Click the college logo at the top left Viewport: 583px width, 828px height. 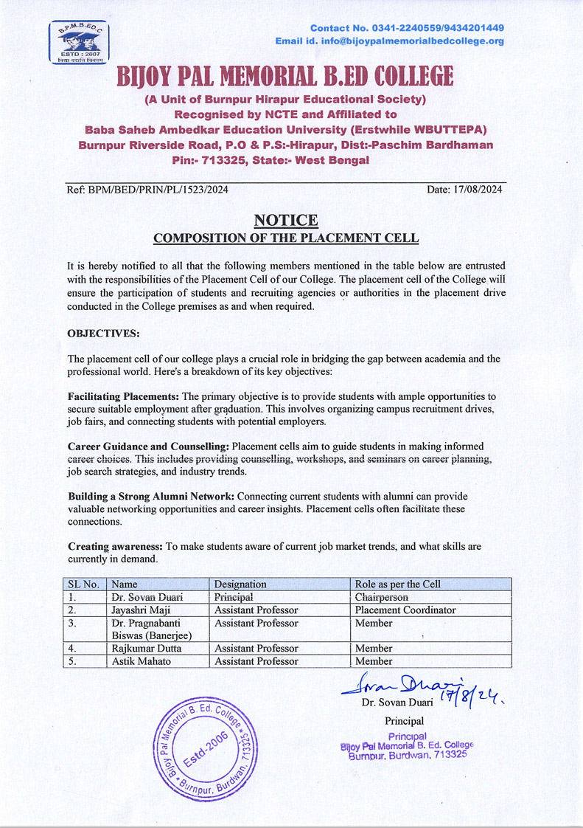click(78, 43)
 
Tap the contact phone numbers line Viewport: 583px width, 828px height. click(407, 28)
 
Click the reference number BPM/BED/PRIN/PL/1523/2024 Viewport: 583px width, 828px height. click(147, 190)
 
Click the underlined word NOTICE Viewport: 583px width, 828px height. click(286, 220)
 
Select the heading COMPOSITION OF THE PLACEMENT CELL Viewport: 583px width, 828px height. click(286, 238)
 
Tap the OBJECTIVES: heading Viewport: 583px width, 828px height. click(103, 334)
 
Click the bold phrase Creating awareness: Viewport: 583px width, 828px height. click(115, 547)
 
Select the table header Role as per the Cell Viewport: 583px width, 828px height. click(398, 584)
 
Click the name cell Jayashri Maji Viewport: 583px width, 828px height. click(141, 610)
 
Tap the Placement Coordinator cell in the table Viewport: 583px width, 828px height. click(405, 610)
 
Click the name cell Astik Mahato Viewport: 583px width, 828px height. click(141, 661)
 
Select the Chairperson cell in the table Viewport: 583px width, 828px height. click(382, 597)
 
